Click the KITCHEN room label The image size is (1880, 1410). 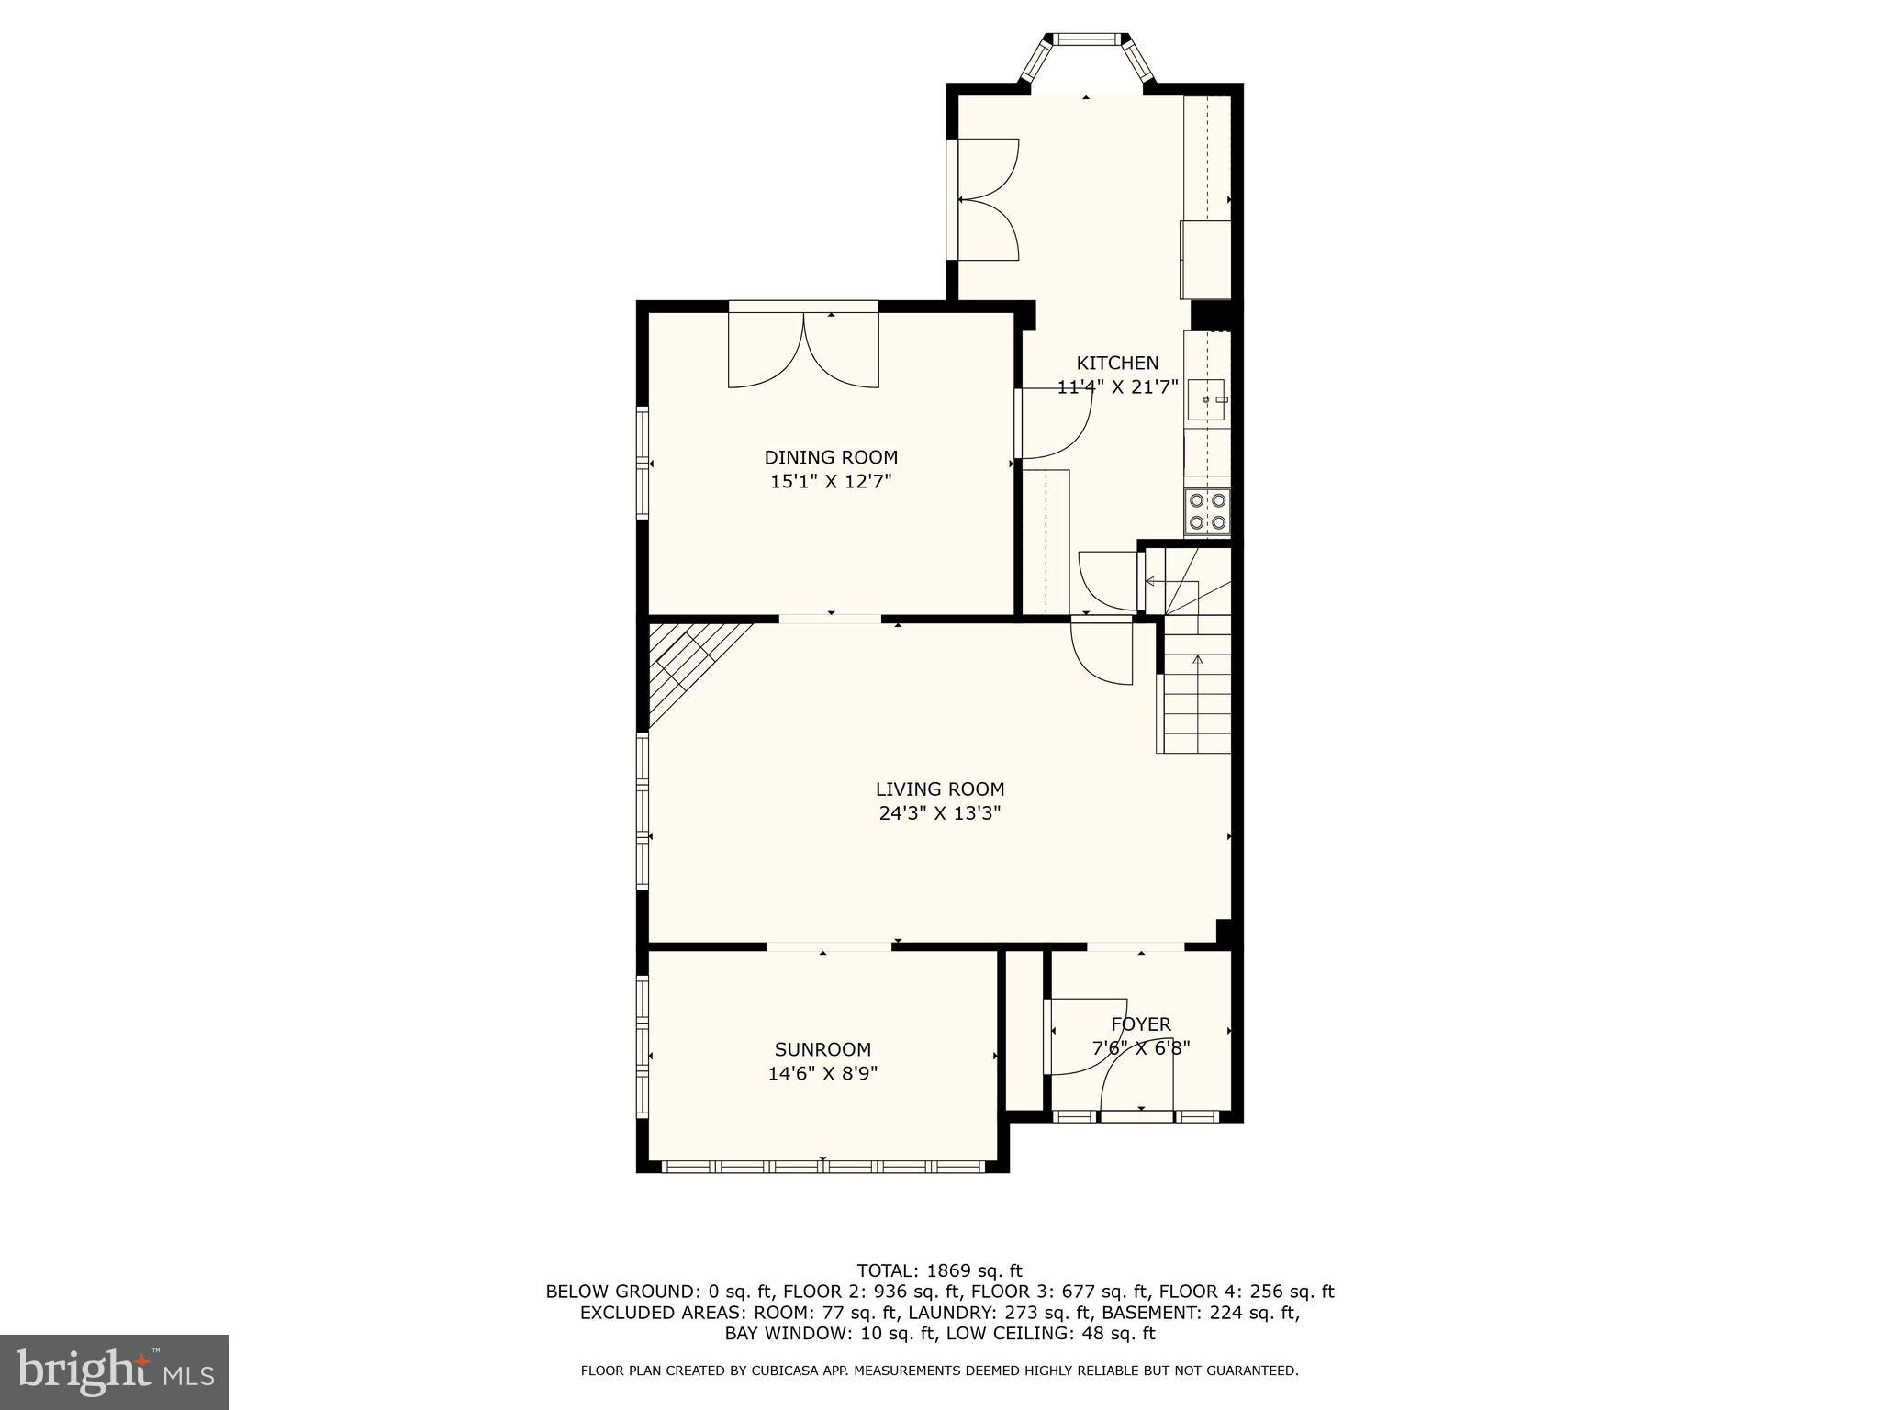(x=1116, y=364)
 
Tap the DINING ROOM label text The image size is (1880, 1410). (x=831, y=457)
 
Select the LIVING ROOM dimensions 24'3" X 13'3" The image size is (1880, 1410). (x=939, y=813)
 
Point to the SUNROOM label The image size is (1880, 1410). (x=822, y=1049)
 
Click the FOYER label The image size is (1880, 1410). (x=1140, y=1024)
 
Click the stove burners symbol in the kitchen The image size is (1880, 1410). (x=1206, y=512)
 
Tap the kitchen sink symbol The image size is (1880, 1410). (x=1205, y=400)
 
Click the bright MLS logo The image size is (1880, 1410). (x=115, y=1372)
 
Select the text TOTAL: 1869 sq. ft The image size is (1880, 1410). (x=939, y=1271)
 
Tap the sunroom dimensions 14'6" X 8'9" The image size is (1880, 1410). (x=822, y=1073)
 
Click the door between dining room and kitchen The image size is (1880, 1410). (x=1056, y=422)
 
